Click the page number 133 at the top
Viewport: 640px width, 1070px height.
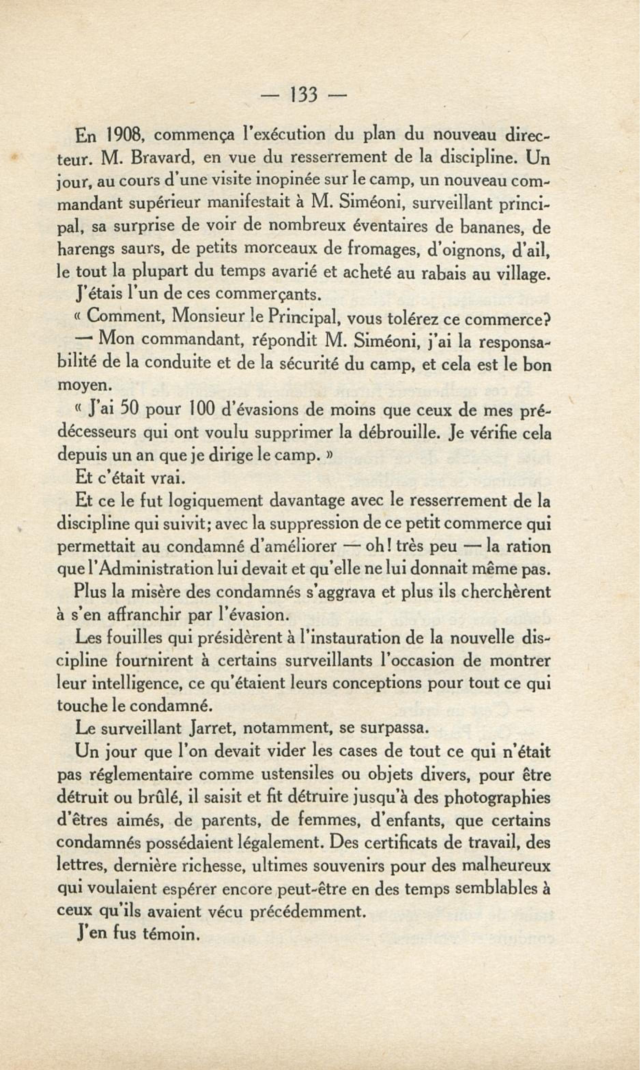coord(304,95)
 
